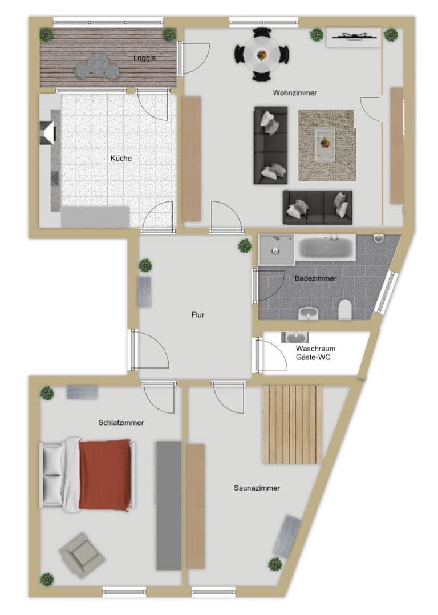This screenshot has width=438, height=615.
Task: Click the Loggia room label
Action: (x=144, y=58)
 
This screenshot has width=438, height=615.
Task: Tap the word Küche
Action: (x=121, y=158)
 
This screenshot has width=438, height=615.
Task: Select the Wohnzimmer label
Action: (x=294, y=93)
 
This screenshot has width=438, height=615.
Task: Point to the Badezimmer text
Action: (x=315, y=278)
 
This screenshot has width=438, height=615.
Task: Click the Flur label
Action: (x=198, y=314)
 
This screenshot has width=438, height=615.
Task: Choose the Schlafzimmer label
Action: (x=121, y=422)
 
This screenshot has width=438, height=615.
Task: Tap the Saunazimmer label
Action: (x=257, y=488)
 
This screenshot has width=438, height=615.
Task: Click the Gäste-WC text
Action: (x=313, y=357)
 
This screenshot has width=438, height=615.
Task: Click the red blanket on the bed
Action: (x=105, y=475)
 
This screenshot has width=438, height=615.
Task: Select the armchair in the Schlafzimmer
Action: (x=82, y=555)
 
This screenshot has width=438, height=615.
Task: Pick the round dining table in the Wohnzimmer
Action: (x=262, y=55)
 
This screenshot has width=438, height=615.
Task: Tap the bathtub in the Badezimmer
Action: (x=325, y=248)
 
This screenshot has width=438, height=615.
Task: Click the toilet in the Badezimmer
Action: (x=345, y=310)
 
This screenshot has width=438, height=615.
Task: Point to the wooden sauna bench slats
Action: (x=292, y=423)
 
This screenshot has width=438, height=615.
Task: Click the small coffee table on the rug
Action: (x=325, y=144)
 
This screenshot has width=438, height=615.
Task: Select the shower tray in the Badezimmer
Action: (x=276, y=249)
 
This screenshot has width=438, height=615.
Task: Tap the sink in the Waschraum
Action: (x=294, y=337)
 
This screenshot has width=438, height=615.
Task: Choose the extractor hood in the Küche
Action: (x=48, y=132)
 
